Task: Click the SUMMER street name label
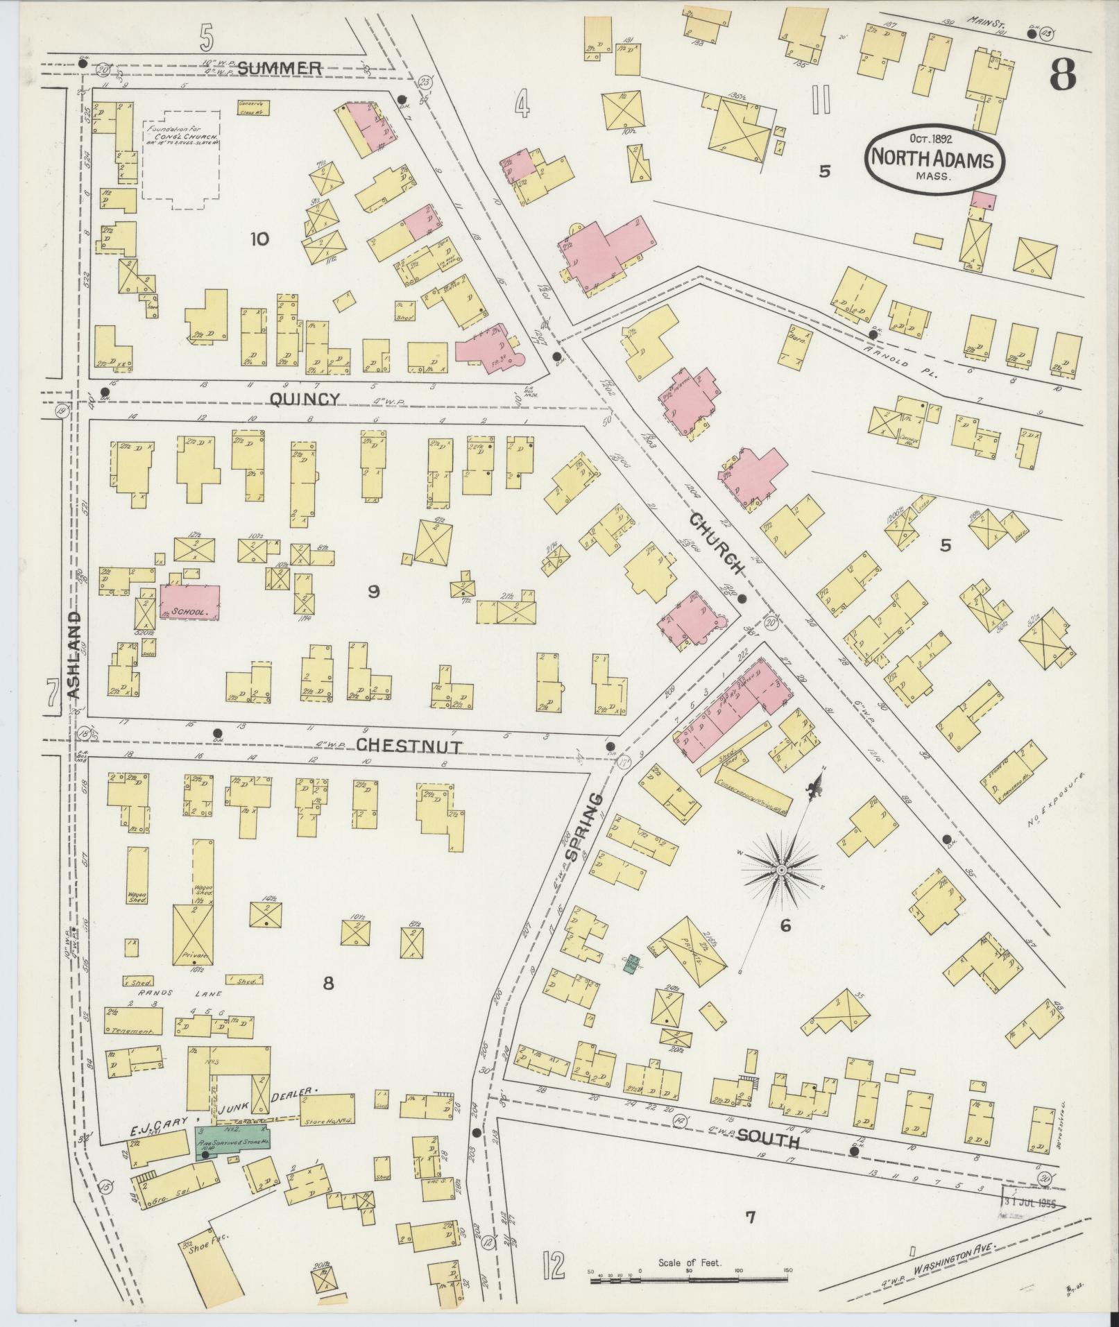coord(279,68)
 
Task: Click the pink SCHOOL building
coord(190,602)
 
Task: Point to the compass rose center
coord(781,868)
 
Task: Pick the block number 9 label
coord(374,591)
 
